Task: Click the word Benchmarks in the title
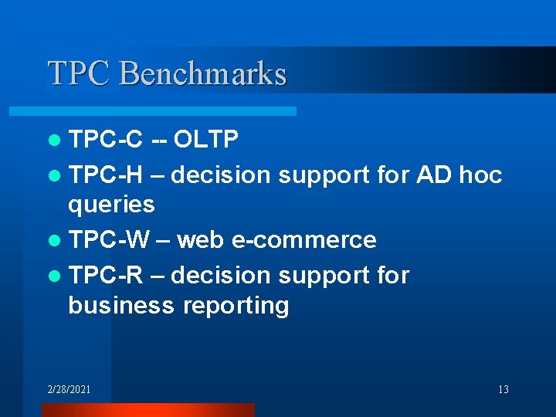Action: [x=203, y=73]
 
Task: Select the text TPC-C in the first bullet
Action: [x=106, y=139]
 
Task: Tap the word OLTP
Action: [x=206, y=139]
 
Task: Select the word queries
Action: [x=111, y=205]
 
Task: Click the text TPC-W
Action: [x=107, y=240]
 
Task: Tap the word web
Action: [x=199, y=240]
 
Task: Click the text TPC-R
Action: [x=106, y=276]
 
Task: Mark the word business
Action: [x=121, y=305]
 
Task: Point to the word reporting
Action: [x=236, y=306]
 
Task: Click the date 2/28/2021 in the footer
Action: [x=69, y=389]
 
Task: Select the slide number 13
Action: [x=503, y=389]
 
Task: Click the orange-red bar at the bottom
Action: [x=147, y=409]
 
